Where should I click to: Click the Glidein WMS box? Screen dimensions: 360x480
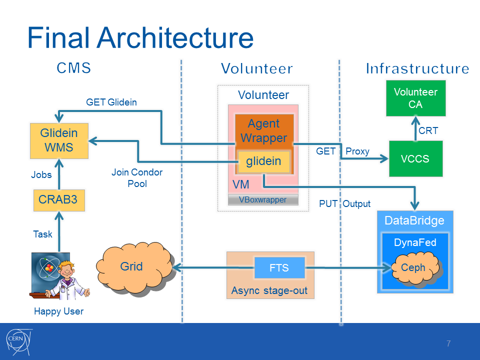point(59,140)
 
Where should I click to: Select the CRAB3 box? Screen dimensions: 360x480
point(58,200)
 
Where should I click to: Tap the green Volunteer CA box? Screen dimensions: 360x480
point(415,98)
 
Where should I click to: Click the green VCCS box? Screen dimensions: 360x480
point(415,158)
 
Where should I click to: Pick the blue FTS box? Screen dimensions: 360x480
point(279,268)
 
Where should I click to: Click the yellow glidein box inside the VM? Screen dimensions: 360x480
point(263,161)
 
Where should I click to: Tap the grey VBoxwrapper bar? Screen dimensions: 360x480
point(263,199)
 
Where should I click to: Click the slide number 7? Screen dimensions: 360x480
point(448,343)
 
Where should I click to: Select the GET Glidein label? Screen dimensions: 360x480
point(111,102)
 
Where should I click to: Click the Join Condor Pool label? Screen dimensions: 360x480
point(136,178)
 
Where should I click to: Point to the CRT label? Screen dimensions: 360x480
point(428,131)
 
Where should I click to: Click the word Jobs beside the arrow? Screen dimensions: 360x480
point(41,175)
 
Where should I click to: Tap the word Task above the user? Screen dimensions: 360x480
point(42,234)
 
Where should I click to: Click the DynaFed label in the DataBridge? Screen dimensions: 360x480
point(415,243)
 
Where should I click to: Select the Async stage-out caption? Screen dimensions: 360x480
point(269,290)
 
